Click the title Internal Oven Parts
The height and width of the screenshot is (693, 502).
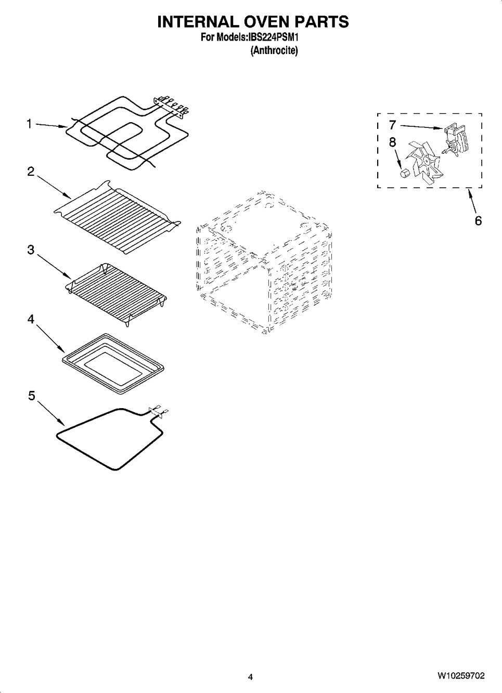(253, 22)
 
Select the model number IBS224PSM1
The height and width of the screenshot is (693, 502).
(275, 37)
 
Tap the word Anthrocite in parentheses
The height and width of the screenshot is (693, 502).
(274, 50)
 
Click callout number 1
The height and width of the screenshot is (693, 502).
(30, 124)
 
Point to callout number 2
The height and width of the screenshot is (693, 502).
(31, 172)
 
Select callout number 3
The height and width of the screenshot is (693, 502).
(31, 250)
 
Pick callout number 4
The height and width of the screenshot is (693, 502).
(31, 319)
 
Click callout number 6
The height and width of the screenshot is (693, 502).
(478, 220)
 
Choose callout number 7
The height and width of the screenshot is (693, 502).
(392, 125)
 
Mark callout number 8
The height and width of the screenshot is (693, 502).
(392, 141)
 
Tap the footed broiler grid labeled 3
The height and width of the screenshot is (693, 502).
(117, 294)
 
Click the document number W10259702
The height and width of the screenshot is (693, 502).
(460, 676)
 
